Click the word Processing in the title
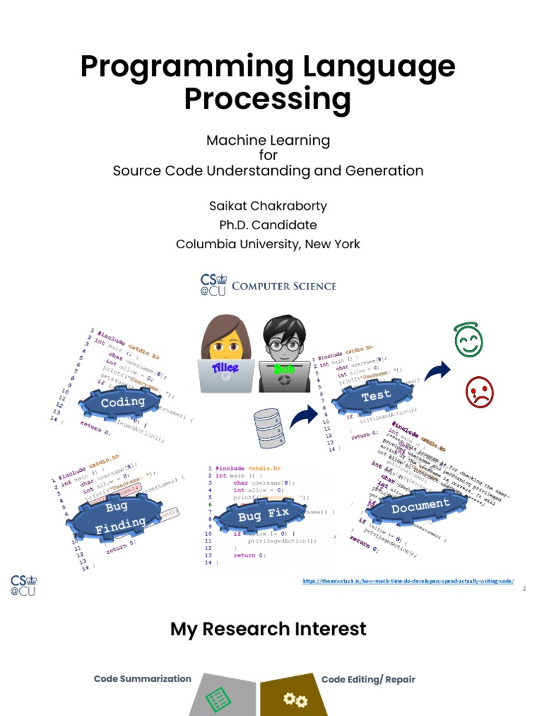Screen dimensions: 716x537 (x=267, y=99)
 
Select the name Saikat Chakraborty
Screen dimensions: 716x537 (x=268, y=206)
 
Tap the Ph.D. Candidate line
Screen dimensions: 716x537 (x=268, y=225)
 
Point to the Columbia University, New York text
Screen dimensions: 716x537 (x=268, y=244)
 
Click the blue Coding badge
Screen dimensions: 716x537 (x=122, y=403)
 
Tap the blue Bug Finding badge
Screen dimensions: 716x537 (x=116, y=516)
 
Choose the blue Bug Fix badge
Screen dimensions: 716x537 (x=263, y=516)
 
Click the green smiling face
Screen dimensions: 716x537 (x=468, y=341)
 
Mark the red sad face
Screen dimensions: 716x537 (x=480, y=392)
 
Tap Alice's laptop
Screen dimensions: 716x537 (x=225, y=374)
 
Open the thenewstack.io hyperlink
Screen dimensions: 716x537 (x=408, y=581)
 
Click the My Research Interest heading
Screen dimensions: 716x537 (x=268, y=629)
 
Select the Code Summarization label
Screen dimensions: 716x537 (x=143, y=679)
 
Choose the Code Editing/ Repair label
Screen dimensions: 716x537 (x=368, y=679)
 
